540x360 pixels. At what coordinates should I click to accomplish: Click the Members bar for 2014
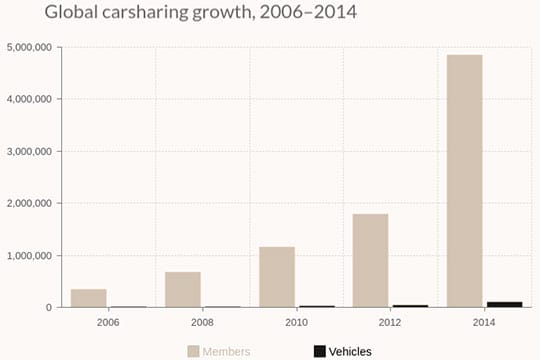pos(464,181)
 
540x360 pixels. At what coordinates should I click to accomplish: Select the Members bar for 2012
pos(370,260)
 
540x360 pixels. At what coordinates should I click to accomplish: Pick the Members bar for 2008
pos(183,289)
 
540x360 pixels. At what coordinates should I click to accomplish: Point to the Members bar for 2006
pos(89,298)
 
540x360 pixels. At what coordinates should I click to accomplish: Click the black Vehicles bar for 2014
pos(504,304)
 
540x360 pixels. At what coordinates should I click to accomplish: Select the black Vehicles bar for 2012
pos(410,306)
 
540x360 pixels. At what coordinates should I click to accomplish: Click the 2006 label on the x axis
pos(108,322)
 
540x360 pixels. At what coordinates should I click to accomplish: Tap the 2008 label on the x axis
pos(202,322)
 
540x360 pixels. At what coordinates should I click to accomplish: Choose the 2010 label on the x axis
pos(296,322)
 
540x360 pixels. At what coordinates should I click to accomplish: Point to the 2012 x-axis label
pos(390,322)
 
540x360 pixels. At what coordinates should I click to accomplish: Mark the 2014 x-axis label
pos(484,322)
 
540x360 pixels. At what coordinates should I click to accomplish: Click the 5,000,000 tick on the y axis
pos(29,47)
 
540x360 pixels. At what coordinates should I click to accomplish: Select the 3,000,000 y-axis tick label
pos(29,151)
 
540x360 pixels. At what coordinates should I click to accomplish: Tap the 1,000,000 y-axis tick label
pos(29,255)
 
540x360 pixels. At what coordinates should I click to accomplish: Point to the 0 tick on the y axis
pos(48,307)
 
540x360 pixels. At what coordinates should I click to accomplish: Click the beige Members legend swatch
pos(193,351)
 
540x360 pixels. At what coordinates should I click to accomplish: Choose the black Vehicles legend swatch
pos(319,351)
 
